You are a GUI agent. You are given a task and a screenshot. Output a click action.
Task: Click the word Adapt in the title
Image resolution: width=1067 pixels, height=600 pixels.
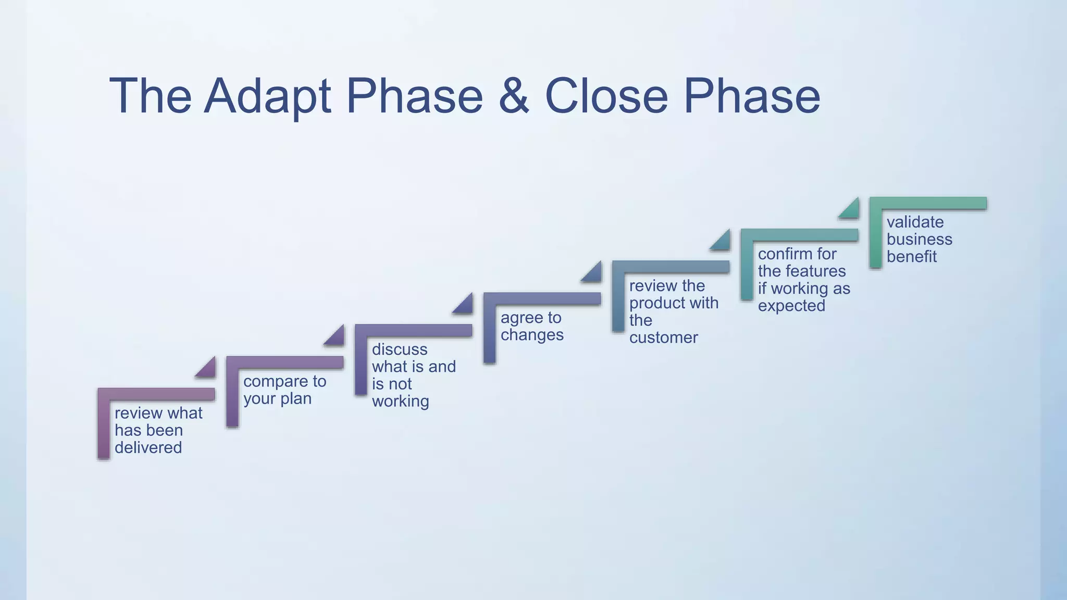267,96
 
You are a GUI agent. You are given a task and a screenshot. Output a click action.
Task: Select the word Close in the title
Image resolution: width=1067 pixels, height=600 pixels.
606,96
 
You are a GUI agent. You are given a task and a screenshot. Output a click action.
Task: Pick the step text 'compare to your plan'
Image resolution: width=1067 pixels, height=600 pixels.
284,390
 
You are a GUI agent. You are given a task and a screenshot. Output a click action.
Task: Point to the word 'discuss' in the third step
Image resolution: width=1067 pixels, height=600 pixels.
400,349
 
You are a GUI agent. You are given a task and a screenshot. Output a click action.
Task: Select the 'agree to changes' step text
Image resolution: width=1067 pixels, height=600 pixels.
531,326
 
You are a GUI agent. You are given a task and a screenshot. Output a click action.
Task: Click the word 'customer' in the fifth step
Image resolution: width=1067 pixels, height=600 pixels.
663,337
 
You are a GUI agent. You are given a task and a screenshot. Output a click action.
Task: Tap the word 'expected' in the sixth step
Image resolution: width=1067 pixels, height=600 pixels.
791,306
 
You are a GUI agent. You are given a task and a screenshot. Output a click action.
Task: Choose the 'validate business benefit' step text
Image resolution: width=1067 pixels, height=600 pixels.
919,239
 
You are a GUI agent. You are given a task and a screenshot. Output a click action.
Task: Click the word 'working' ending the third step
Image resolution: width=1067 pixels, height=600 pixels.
400,402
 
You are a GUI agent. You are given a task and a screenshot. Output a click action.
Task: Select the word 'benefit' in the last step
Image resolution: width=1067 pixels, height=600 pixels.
911,257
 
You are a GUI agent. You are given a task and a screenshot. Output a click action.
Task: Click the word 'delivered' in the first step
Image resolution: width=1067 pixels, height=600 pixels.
148,448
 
